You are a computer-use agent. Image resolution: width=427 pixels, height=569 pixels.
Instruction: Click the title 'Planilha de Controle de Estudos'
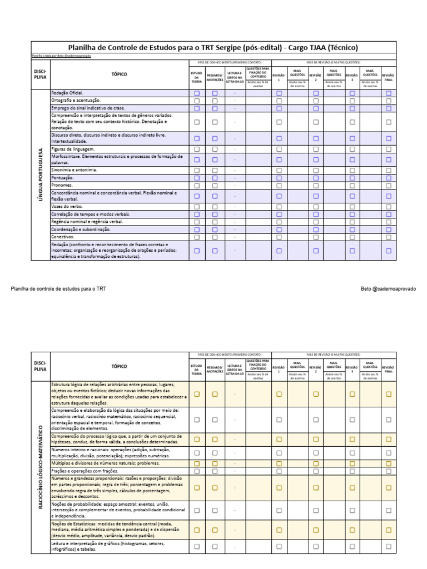pos(213,48)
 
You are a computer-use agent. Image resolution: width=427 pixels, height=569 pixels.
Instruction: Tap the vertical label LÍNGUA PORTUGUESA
pos(41,174)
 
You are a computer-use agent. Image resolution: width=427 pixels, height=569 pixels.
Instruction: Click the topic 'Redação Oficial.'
pos(67,93)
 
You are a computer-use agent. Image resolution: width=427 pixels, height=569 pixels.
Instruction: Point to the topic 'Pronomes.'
pos(62,185)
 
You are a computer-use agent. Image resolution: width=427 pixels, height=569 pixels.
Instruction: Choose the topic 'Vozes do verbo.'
pos(67,206)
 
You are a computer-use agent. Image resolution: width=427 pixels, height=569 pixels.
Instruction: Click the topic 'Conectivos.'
pos(63,237)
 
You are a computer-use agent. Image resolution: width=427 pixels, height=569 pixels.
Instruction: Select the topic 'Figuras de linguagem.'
pos(73,149)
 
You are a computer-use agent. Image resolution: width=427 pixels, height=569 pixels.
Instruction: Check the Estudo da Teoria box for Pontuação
pos(197,178)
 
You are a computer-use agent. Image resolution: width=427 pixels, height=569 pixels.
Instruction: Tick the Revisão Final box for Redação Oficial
pos(389,93)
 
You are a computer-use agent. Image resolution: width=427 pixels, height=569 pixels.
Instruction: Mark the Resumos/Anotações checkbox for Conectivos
pos(215,237)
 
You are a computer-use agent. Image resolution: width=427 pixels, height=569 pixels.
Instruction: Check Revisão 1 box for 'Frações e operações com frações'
pos(279,471)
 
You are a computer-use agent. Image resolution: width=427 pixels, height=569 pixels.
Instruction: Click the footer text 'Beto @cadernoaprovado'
pos(388,289)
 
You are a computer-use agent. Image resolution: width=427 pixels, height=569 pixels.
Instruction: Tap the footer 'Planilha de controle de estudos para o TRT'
pos(58,289)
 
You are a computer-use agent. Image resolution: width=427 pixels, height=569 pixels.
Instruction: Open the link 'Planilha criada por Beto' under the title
pos(61,56)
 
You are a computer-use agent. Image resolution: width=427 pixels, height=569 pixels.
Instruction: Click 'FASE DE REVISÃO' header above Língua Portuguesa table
pos(334,62)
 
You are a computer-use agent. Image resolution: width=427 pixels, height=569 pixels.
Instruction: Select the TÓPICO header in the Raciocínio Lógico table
pos(119,366)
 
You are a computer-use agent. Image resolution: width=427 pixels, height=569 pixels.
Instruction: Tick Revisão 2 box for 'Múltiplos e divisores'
pos(316,463)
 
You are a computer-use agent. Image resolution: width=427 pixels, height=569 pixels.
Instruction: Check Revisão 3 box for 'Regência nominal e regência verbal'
pos(352,222)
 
